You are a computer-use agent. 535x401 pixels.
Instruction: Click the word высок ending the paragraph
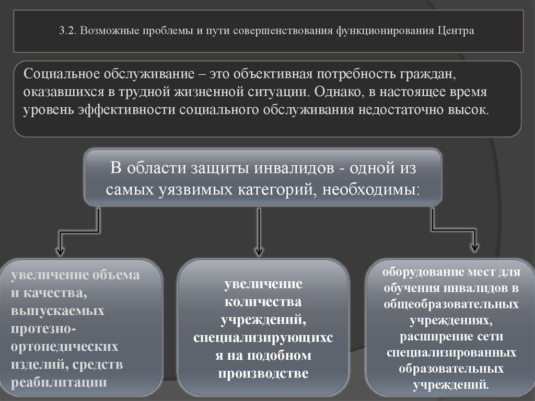(471, 110)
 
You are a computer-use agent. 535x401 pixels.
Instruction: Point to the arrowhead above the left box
(60, 250)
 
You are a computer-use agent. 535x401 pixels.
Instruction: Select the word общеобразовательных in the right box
(451, 304)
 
